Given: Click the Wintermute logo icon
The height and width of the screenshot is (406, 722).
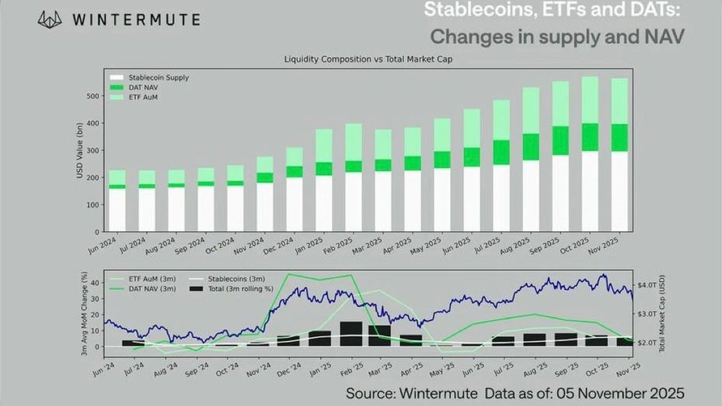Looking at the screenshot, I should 50,19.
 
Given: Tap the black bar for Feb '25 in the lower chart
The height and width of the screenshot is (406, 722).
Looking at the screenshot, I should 351,334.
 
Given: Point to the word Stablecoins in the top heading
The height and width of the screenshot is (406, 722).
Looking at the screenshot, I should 461,10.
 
